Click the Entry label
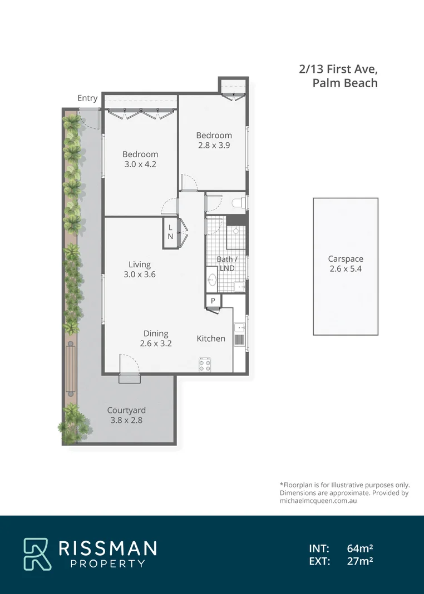pyautogui.click(x=87, y=98)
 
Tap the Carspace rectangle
pyautogui.click(x=345, y=267)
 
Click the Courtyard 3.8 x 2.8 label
pyautogui.click(x=126, y=415)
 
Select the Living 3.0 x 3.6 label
pyautogui.click(x=140, y=269)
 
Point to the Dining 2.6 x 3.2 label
pyautogui.click(x=156, y=338)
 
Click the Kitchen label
pyautogui.click(x=211, y=338)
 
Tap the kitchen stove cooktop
pyautogui.click(x=205, y=365)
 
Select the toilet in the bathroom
pyautogui.click(x=238, y=203)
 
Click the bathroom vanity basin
pyautogui.click(x=212, y=280)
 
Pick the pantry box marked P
pyautogui.click(x=213, y=301)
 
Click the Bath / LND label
pyautogui.click(x=226, y=263)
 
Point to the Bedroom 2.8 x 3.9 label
pyautogui.click(x=214, y=140)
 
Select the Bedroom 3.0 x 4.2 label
pyautogui.click(x=140, y=159)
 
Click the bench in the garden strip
pyautogui.click(x=71, y=369)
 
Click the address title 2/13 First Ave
pyautogui.click(x=338, y=69)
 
